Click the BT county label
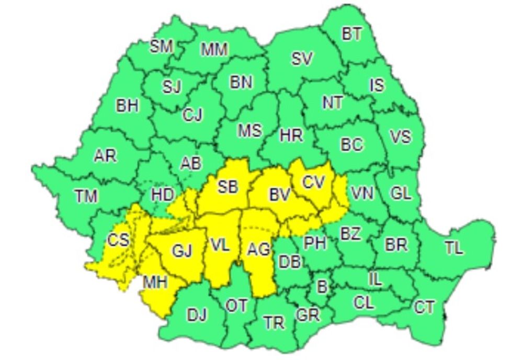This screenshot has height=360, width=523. pos(352,35)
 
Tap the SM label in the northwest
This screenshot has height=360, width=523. pos(161,47)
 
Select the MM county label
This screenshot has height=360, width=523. pos(214,50)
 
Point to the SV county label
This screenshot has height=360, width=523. pos(302,59)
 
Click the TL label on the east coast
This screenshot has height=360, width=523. pos(454,248)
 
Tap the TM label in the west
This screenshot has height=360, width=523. pos(86,196)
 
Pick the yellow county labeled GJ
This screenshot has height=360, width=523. pos(182,251)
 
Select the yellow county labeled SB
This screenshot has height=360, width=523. pos(228,187)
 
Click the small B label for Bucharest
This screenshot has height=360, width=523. pos(322,286)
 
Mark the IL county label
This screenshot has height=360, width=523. pos(375,279)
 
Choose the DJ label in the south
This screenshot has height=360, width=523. pos(197,315)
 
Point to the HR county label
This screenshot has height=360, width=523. pos(291,136)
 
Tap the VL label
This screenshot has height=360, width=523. pos(220,245)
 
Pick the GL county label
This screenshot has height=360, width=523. pos(401,193)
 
